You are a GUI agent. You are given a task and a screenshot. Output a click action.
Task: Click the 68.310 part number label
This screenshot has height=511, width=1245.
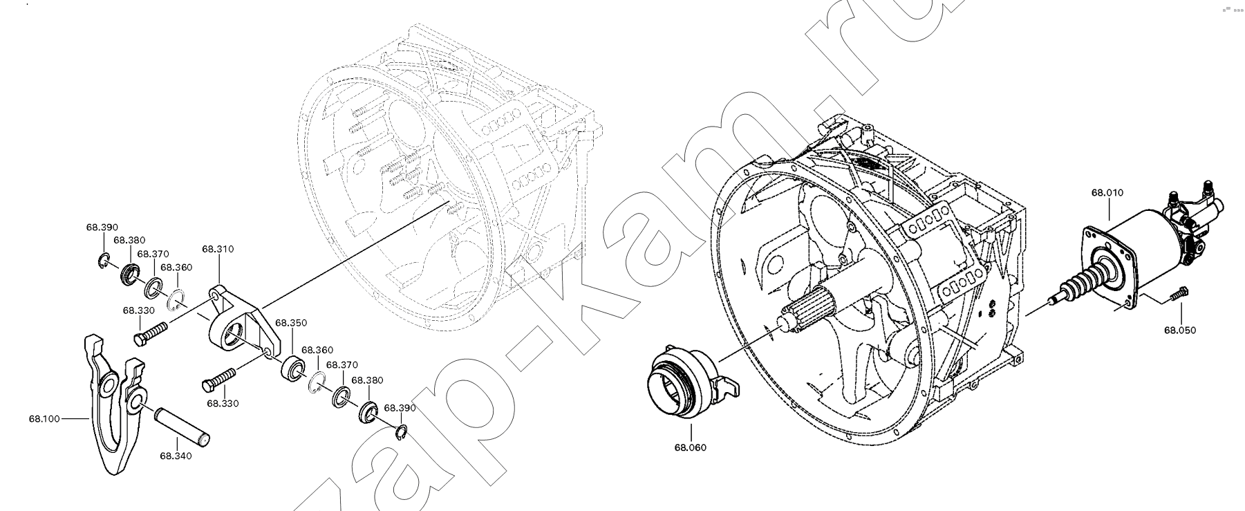(x=217, y=249)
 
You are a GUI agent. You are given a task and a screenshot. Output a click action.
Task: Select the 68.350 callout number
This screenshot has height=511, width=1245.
(x=291, y=323)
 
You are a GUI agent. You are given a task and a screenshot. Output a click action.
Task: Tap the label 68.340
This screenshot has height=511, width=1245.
(x=176, y=456)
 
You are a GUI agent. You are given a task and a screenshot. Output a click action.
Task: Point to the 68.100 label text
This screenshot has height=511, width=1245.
(x=44, y=418)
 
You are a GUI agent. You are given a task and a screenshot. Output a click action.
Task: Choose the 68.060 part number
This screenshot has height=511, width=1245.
(x=691, y=447)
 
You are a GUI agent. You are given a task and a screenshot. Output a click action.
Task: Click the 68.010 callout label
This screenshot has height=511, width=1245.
(x=1107, y=193)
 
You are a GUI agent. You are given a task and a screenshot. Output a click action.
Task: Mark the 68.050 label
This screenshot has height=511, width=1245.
(x=1180, y=330)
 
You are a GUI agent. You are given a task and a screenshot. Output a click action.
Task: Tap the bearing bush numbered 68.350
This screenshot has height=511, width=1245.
(x=293, y=368)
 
